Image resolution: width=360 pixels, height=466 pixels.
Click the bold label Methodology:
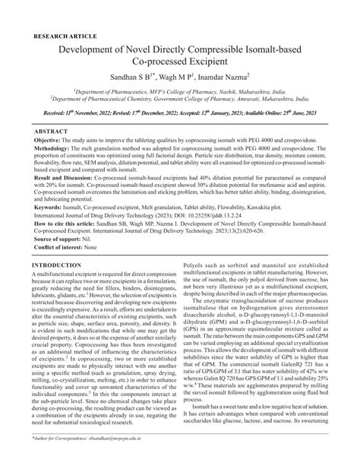point(53,151)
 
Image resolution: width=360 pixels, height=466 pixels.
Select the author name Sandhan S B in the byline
point(152,76)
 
